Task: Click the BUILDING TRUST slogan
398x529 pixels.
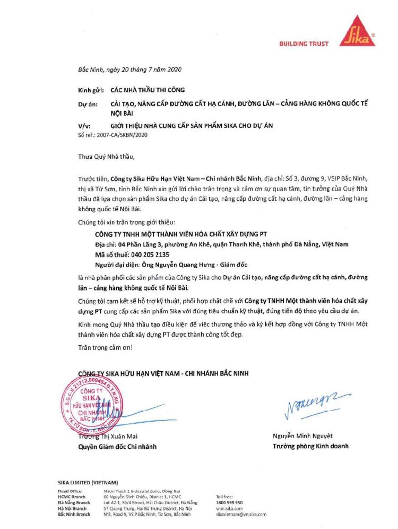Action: [304, 44]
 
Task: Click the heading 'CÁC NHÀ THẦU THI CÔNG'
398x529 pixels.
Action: [148, 90]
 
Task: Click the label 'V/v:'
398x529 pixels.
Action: [84, 126]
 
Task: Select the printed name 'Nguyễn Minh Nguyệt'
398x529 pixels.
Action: [302, 436]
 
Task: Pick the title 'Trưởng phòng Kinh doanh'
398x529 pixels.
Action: [310, 446]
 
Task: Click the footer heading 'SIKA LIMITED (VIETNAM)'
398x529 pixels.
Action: [88, 482]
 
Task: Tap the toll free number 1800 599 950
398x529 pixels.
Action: [230, 502]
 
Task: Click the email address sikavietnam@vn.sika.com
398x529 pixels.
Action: [241, 514]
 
